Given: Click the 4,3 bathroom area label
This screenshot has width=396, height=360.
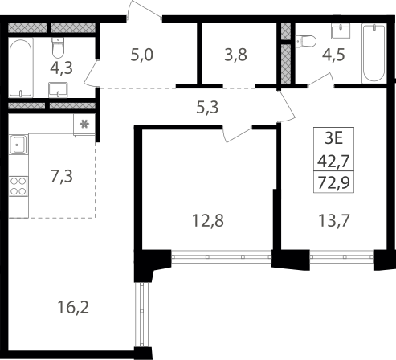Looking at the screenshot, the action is pos(61,67).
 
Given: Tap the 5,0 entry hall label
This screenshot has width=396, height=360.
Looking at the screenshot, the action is pos(142,55).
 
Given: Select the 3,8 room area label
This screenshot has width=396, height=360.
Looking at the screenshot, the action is pos(235,55).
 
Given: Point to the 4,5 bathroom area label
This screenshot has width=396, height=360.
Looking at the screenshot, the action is pos(333,55).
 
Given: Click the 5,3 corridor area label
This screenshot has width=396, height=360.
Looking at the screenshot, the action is pos(207,108).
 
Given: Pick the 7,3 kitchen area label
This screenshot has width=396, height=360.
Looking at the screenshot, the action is pos(62,176).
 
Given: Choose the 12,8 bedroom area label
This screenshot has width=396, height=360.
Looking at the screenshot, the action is pos(208,221).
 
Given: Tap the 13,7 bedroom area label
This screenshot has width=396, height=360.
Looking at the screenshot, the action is pos(334,221).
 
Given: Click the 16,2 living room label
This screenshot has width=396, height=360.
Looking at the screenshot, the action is pos(73,307).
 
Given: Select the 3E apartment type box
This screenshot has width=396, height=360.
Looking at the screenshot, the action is pos(334,138).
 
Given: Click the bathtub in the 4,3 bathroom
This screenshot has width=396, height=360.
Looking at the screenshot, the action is pos(21,67).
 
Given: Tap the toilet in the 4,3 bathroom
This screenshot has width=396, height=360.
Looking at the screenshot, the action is pos(58,47).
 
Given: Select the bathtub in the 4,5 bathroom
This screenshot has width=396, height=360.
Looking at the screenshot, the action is pos(374,53).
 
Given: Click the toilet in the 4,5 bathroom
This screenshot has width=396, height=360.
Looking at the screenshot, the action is pos(306,41).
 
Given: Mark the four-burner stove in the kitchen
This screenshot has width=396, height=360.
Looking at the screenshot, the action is pos(18,186).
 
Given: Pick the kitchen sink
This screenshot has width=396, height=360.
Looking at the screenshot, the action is pos(18,145).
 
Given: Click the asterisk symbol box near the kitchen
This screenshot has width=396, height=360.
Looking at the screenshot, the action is pos(84,125).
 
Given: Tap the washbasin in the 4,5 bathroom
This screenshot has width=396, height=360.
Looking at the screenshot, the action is pos(341,31).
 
